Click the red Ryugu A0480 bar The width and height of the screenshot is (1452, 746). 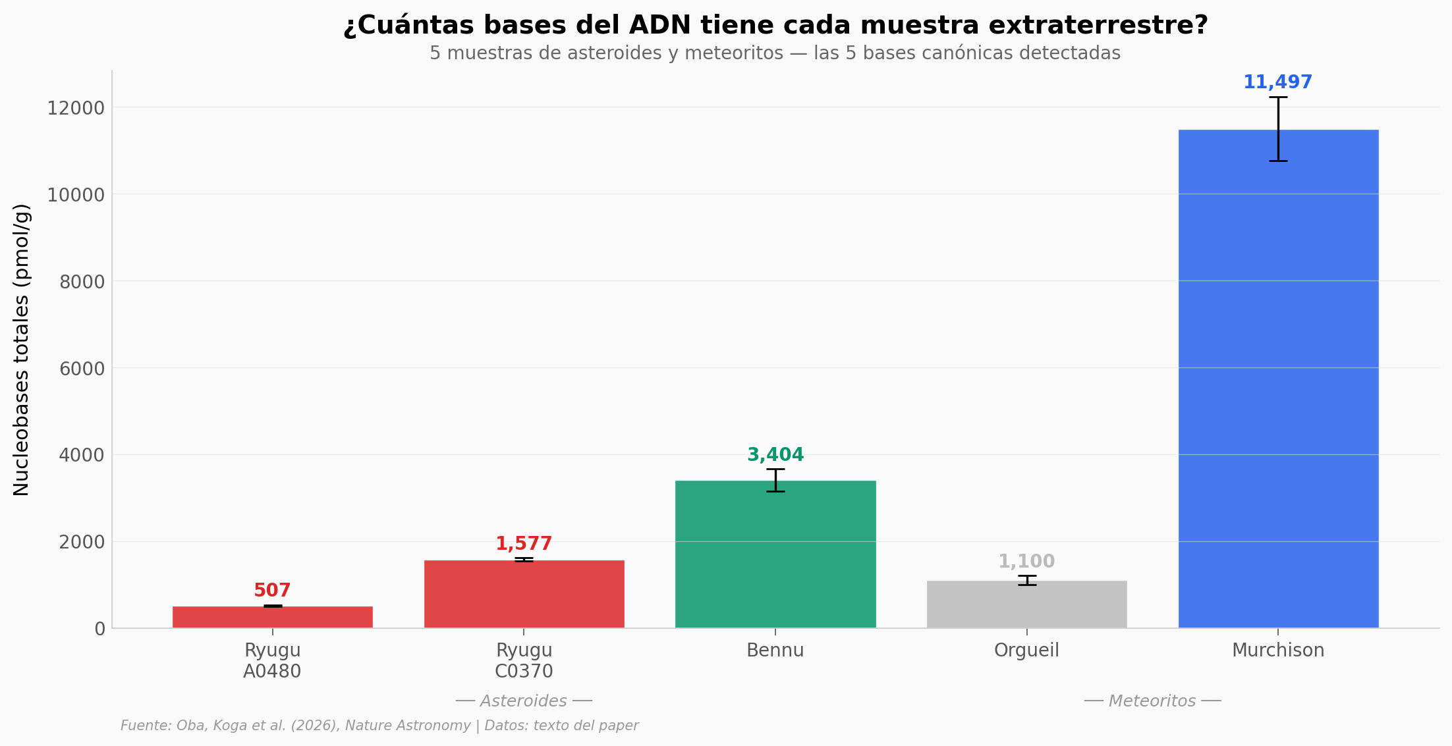(272, 617)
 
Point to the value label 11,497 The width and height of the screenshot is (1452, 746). (1277, 82)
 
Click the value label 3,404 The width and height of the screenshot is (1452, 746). (775, 455)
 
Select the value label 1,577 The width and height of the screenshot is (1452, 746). (524, 544)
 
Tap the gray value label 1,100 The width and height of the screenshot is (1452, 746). (1026, 562)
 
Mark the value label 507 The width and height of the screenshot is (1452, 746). (272, 591)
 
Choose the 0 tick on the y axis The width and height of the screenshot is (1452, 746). (99, 629)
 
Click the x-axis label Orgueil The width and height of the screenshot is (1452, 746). (1026, 651)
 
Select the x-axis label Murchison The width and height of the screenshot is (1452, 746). (1277, 651)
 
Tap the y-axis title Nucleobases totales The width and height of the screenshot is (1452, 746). (22, 349)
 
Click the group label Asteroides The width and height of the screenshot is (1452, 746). (523, 701)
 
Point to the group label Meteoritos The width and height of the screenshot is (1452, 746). (1152, 701)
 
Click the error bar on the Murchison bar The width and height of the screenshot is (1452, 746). (1278, 129)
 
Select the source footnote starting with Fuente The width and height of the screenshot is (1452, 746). (379, 726)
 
